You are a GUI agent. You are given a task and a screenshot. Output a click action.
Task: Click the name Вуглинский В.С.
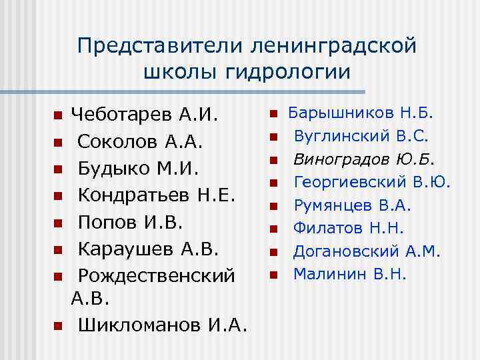click(361, 137)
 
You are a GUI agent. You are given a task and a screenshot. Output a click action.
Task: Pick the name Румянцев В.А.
click(352, 205)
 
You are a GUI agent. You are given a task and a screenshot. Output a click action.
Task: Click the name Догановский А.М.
click(367, 251)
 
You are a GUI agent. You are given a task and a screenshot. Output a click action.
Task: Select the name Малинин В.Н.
click(349, 273)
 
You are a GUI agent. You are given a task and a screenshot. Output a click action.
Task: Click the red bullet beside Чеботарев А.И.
click(58, 116)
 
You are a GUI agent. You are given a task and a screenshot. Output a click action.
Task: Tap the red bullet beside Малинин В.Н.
click(273, 274)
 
